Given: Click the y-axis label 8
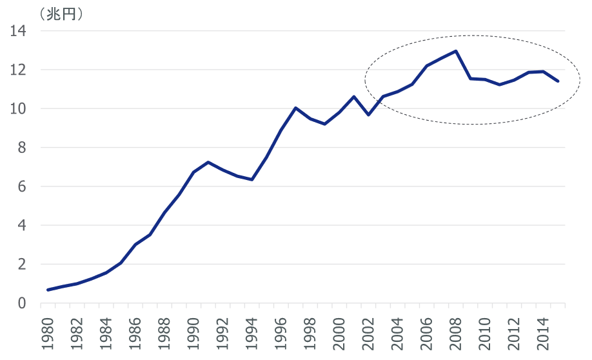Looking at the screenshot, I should pyautogui.click(x=21, y=148).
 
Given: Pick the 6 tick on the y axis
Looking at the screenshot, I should pyautogui.click(x=21, y=187).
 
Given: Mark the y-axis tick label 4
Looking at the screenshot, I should pyautogui.click(x=21, y=226).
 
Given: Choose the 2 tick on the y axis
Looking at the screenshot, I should pyautogui.click(x=21, y=265).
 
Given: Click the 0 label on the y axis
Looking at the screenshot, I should pyautogui.click(x=21, y=303).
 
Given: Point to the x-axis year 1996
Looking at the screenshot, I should pyautogui.click(x=281, y=333).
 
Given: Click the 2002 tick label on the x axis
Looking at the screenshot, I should pyautogui.click(x=368, y=333).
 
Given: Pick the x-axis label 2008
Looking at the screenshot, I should pyautogui.click(x=455, y=333).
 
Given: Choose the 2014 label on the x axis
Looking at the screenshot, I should pyautogui.click(x=543, y=333).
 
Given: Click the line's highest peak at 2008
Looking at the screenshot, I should pyautogui.click(x=456, y=51).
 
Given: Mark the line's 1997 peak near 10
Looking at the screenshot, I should pyautogui.click(x=295, y=108).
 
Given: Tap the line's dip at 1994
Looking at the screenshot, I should pyautogui.click(x=252, y=179).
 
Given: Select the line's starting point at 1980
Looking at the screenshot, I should pyautogui.click(x=48, y=290).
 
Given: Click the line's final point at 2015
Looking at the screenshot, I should pyautogui.click(x=558, y=81).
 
